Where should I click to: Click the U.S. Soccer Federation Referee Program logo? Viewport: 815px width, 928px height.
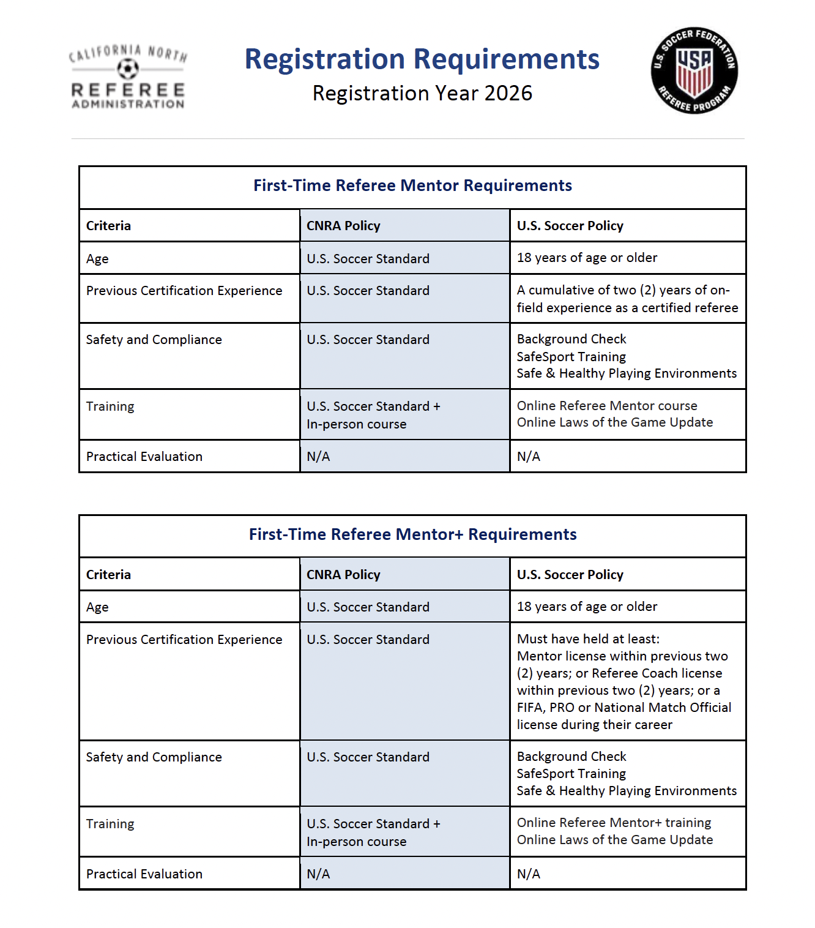pos(694,70)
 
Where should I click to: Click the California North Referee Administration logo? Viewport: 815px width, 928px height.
pos(128,77)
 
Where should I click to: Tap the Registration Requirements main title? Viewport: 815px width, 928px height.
pos(422,59)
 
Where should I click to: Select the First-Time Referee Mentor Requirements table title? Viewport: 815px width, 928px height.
pos(412,185)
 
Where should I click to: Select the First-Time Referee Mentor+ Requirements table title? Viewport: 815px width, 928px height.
pos(412,534)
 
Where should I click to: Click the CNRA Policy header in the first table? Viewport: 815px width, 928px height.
pos(343,226)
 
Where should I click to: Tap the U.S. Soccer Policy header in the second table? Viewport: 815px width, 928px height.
pos(570,575)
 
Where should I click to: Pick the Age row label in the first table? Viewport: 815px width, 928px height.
pos(97,259)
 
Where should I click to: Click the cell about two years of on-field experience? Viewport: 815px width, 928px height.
pos(627,299)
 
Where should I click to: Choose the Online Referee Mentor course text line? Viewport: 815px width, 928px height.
pos(607,406)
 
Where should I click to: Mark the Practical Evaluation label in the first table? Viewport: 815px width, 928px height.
pos(144,457)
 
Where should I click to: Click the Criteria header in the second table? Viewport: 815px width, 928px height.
pos(108,575)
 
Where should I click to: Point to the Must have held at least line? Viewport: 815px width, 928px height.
pos(588,639)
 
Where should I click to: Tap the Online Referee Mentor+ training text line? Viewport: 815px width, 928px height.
pos(614,823)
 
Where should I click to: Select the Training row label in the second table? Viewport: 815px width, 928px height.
pos(110,824)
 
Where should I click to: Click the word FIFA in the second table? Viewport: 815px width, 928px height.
pos(530,708)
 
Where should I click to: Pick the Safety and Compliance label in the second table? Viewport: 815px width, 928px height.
pos(154,757)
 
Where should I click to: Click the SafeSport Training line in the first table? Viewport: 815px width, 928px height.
pos(571,357)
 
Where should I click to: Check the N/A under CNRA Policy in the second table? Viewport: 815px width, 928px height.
pos(318,874)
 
